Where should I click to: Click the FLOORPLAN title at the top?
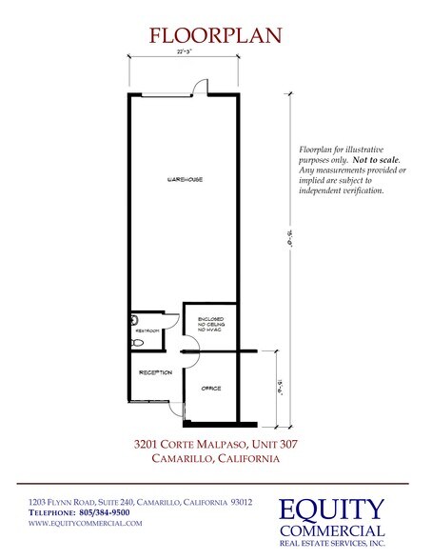215,36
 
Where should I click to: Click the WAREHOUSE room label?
185,179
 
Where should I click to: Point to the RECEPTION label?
153,371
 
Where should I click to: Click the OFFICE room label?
209,390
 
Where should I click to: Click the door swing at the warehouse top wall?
199,89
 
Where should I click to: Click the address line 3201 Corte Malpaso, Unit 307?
215,443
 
